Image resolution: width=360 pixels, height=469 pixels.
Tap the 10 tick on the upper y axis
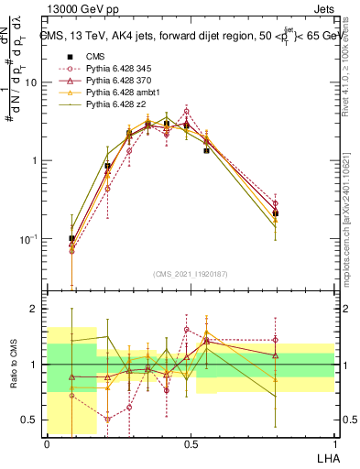pyautogui.click(x=33, y=82)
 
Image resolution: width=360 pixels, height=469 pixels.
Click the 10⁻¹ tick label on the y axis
pyautogui.click(x=30, y=239)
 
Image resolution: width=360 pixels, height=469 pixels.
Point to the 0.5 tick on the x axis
pyautogui.click(x=191, y=444)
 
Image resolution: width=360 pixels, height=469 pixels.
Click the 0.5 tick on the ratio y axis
pyautogui.click(x=32, y=420)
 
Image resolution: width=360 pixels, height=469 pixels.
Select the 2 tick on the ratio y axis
pyautogui.click(x=36, y=309)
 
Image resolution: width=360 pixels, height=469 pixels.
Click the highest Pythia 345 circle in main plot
pyautogui.click(x=186, y=112)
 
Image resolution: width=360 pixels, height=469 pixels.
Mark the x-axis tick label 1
pyautogui.click(x=334, y=444)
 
